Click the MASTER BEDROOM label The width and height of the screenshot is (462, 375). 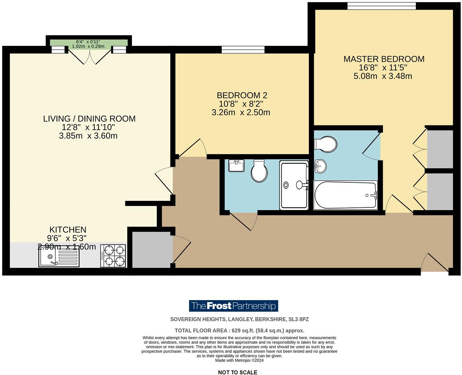point(384,59)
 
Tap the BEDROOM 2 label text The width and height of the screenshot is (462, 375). point(242,95)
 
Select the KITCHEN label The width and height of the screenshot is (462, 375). point(68,230)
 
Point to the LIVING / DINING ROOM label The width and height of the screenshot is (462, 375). point(89,119)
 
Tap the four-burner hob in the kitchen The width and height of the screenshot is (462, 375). point(113,256)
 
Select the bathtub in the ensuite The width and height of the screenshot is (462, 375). point(345,195)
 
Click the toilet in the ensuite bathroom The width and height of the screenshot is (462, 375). point(326,144)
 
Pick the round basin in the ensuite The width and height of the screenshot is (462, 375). point(320,166)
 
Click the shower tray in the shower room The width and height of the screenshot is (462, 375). point(294,185)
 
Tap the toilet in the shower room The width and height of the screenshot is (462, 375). point(259,171)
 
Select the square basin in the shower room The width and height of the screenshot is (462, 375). point(236,166)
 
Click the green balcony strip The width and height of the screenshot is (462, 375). point(88,43)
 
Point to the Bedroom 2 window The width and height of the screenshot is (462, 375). point(243,49)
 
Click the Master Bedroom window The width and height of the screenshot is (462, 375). point(381,6)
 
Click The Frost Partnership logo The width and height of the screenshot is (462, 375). point(233,306)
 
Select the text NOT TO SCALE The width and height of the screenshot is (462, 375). point(237,372)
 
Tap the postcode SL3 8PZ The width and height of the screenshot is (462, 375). point(299,319)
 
